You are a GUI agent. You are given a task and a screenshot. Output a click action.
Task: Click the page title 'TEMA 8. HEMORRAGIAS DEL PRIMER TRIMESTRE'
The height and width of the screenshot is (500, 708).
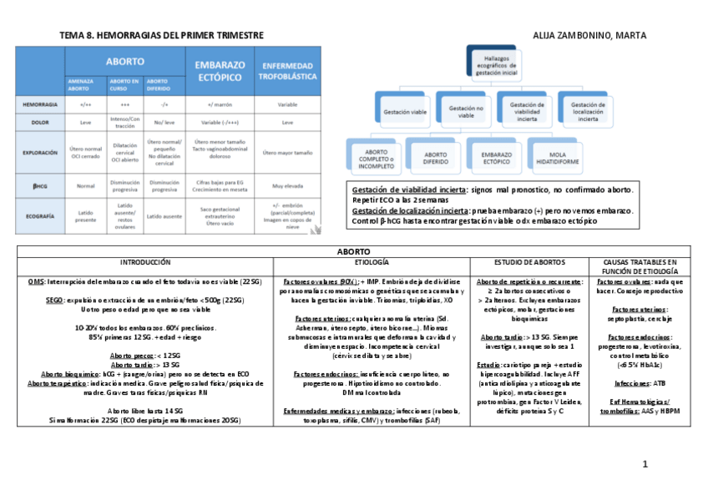point(162,35)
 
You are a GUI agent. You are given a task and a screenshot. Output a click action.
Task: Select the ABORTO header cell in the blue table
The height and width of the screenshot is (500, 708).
point(124,61)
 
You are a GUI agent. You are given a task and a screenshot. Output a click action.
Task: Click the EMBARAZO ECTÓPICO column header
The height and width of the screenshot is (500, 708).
point(220,70)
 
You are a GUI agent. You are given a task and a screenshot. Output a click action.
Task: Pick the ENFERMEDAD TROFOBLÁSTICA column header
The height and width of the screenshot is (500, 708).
point(288,70)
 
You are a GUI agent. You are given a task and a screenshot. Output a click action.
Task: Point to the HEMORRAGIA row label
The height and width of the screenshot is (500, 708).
point(41,104)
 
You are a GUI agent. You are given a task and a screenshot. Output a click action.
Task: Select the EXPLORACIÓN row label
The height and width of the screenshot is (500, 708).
point(41,153)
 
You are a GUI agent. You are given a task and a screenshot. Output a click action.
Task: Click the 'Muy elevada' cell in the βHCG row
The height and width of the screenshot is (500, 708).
point(288,184)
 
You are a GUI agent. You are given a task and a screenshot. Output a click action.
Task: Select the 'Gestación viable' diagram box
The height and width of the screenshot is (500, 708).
point(401,110)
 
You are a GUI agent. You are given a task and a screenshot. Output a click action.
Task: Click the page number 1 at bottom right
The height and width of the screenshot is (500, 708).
point(645,464)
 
